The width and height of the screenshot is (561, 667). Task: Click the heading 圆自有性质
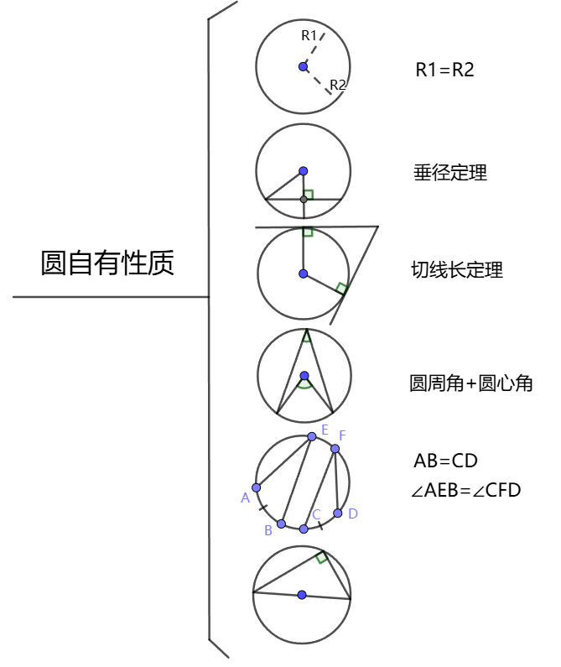coord(107,263)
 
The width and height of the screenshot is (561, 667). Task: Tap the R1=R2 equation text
coord(444,70)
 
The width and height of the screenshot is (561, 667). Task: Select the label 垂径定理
coord(450,173)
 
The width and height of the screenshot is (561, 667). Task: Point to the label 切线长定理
coord(457,269)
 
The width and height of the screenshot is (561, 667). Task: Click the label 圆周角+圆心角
coord(470,383)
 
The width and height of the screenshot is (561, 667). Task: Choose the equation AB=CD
coord(445,461)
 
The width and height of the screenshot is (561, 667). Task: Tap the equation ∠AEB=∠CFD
coord(465,490)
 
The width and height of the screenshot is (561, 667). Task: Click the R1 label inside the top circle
coord(309,35)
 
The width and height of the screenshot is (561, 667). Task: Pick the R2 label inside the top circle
coord(338,85)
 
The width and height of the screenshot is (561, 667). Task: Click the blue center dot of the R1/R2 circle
coord(304,67)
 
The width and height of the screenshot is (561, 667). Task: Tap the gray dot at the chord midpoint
coord(304,200)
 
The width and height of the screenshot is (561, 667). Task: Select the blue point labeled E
coord(312,437)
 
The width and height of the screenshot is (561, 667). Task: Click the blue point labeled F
coord(335,449)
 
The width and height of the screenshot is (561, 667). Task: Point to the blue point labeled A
coord(256,487)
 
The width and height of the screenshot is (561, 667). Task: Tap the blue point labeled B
coord(281,524)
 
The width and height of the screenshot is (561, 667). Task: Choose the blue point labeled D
coord(338,513)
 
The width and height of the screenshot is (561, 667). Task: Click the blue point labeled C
coord(304,529)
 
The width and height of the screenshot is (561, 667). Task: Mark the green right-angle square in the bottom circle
coord(321,557)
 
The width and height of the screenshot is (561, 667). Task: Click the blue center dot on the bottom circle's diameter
coord(302,595)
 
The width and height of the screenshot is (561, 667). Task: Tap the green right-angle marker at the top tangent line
coord(308,232)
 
